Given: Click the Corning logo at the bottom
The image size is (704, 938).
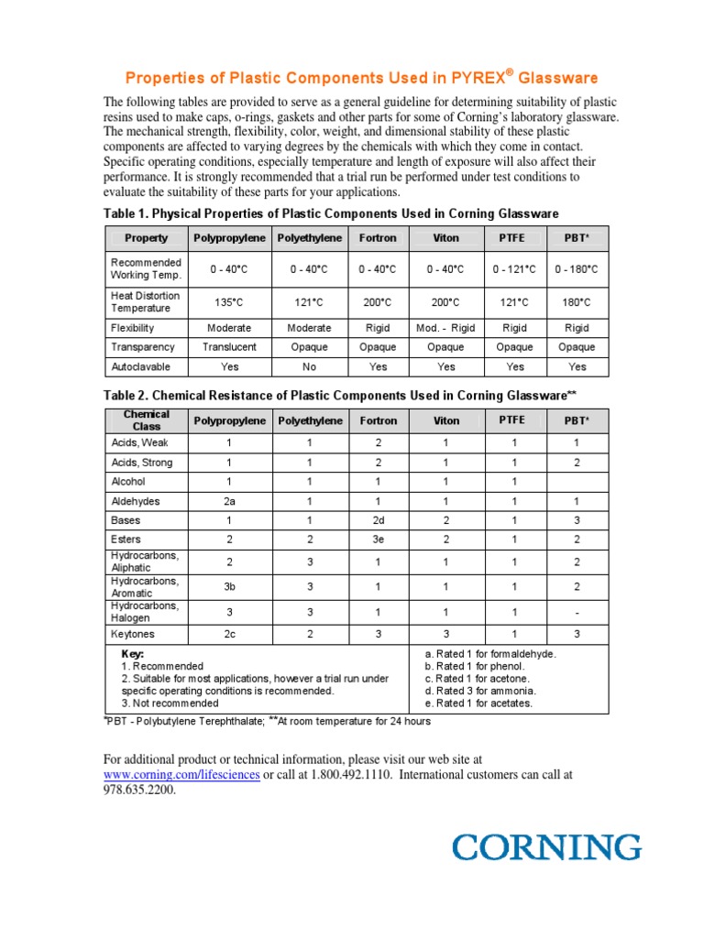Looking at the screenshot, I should [546, 846].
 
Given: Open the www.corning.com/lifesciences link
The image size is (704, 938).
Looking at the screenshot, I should [181, 775].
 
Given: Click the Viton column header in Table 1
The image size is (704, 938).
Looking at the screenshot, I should [445, 238].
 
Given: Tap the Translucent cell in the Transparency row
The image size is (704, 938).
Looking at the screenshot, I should [229, 347].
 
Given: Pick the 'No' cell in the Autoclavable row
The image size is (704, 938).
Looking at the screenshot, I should [310, 366].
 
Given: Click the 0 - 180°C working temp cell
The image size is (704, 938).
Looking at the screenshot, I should [577, 269].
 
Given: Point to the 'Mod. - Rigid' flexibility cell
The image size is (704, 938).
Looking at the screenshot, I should [445, 328].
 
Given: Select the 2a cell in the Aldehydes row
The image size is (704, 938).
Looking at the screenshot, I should [229, 501].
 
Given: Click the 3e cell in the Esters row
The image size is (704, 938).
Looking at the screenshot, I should [378, 540].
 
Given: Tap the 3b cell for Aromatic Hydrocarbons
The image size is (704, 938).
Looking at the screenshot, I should [229, 587].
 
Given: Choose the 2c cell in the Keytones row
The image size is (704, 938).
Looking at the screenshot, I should [229, 634].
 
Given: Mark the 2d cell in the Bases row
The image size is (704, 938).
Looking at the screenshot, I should [378, 520].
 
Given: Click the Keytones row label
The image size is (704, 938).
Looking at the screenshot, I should [135, 634].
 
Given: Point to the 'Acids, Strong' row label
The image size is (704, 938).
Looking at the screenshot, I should [141, 463].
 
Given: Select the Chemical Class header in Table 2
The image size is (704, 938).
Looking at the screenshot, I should [147, 420].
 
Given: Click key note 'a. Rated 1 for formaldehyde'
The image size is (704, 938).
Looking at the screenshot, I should [490, 654].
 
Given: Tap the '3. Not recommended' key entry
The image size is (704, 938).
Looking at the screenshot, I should [170, 703].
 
